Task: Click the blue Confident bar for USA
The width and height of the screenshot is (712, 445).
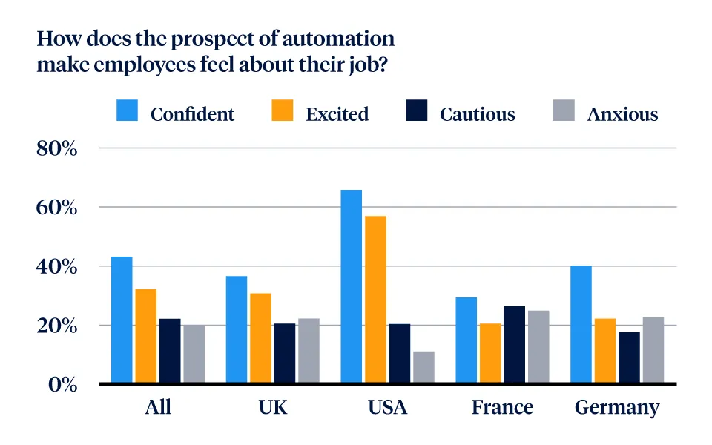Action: (x=351, y=287)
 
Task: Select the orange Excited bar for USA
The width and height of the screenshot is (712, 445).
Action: (x=375, y=300)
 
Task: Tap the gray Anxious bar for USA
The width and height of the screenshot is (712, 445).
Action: (x=423, y=367)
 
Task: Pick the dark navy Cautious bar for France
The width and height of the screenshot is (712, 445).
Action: (x=514, y=345)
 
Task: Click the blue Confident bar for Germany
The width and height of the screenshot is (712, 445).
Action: (x=581, y=325)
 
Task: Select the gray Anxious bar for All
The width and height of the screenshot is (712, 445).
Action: (x=194, y=354)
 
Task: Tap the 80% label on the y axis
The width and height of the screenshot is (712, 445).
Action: (x=57, y=148)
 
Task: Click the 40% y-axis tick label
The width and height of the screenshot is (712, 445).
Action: (x=57, y=266)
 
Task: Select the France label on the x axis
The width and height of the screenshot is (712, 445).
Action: (x=502, y=407)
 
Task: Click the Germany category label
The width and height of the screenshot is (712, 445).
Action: (x=616, y=408)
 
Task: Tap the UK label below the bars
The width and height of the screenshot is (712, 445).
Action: (x=273, y=407)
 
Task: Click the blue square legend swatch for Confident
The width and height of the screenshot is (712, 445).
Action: (x=127, y=112)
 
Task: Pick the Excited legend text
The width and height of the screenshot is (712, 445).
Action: (x=337, y=114)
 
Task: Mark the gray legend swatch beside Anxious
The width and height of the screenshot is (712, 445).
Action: (x=564, y=112)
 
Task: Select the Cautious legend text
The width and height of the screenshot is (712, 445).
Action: (x=477, y=114)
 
